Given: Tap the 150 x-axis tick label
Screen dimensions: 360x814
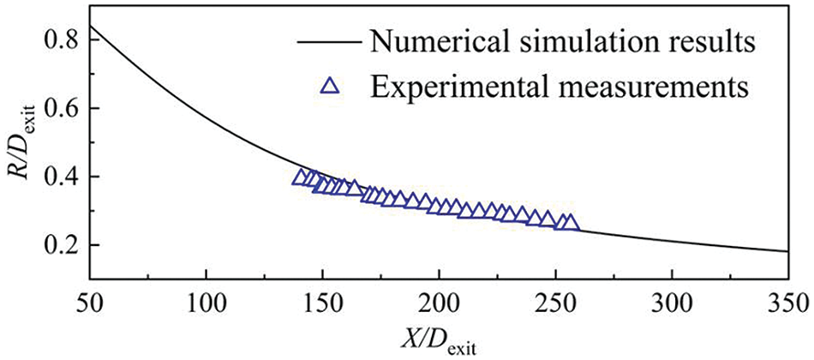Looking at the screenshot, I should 322,303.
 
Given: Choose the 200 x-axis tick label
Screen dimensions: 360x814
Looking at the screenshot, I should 439,303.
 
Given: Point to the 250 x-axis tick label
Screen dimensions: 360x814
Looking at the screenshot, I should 555,303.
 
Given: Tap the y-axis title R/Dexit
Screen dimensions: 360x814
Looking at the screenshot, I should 19,154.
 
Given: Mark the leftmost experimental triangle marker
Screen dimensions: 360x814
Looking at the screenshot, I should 301,177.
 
